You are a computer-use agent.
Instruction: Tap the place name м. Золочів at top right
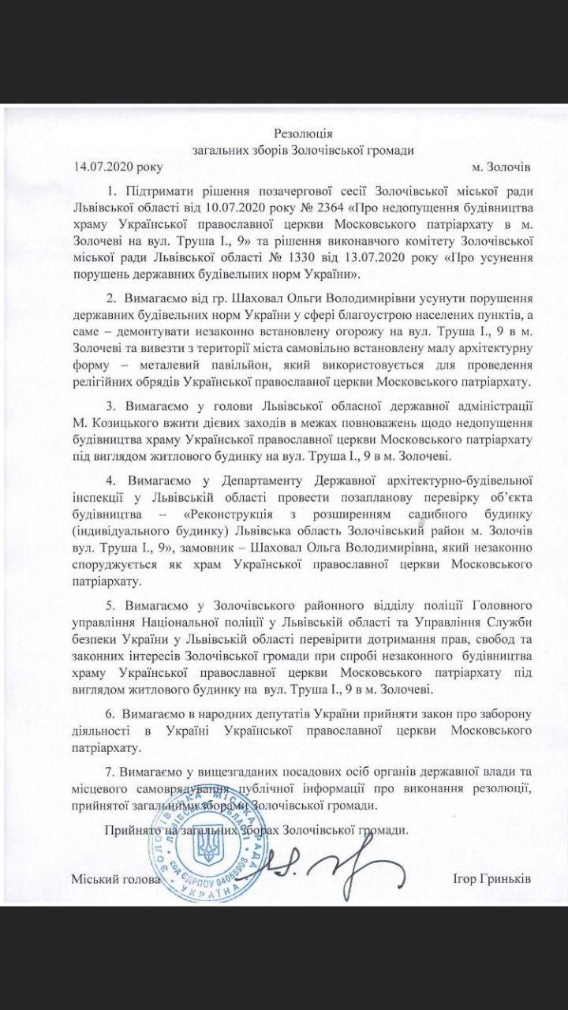501,166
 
